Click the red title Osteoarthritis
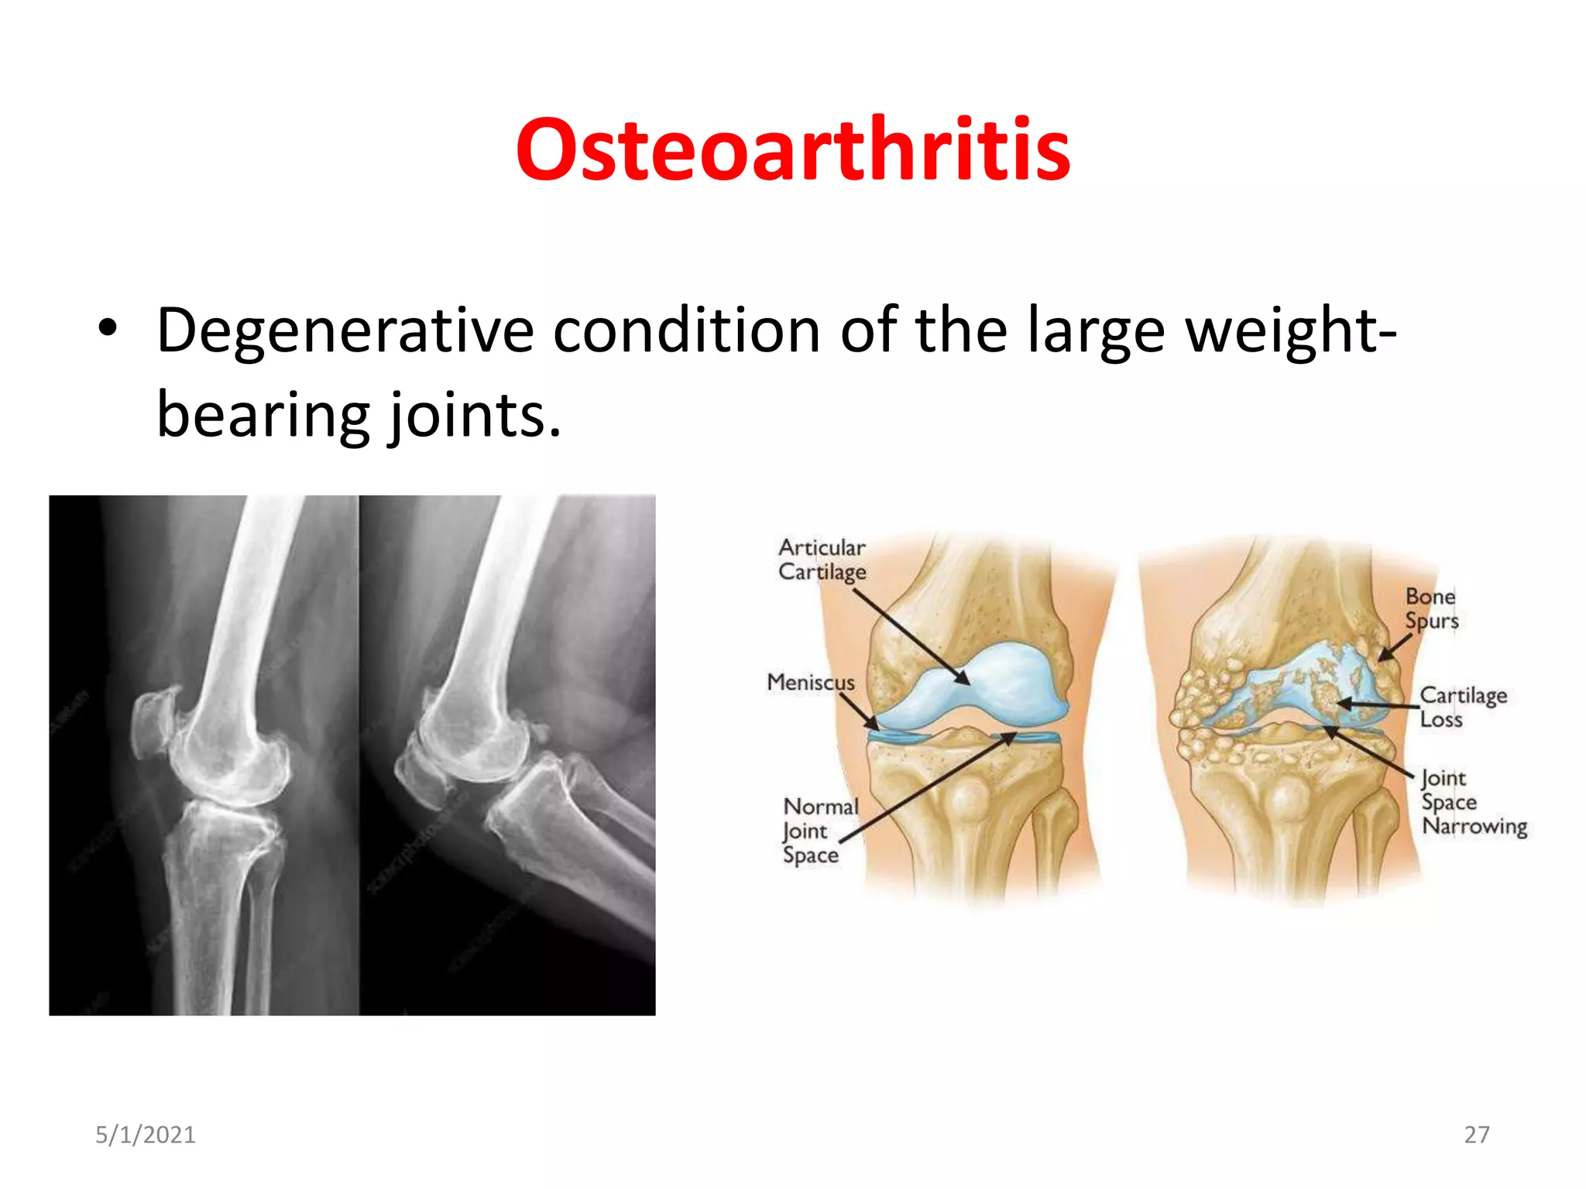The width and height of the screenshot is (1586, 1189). [x=793, y=149]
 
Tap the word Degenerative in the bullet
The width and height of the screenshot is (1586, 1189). [x=345, y=331]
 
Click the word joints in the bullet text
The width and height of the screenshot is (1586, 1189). [x=474, y=415]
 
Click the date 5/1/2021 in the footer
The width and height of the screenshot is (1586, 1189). [x=146, y=1135]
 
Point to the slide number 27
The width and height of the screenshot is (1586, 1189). [x=1476, y=1135]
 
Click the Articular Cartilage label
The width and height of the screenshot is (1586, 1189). [x=822, y=559]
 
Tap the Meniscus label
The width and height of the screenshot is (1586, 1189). [x=810, y=682]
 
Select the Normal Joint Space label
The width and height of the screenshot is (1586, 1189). [x=819, y=831]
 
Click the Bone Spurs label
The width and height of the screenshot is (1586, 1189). [x=1431, y=608]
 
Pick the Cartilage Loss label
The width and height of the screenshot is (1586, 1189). [x=1462, y=707]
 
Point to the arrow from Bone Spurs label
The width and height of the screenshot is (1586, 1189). [x=1395, y=647]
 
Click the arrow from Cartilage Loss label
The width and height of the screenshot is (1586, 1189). [x=1378, y=704]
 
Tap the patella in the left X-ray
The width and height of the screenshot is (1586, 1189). [x=153, y=726]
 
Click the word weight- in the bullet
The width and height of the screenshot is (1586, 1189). [x=1291, y=331]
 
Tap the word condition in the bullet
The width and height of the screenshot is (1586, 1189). [x=686, y=331]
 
